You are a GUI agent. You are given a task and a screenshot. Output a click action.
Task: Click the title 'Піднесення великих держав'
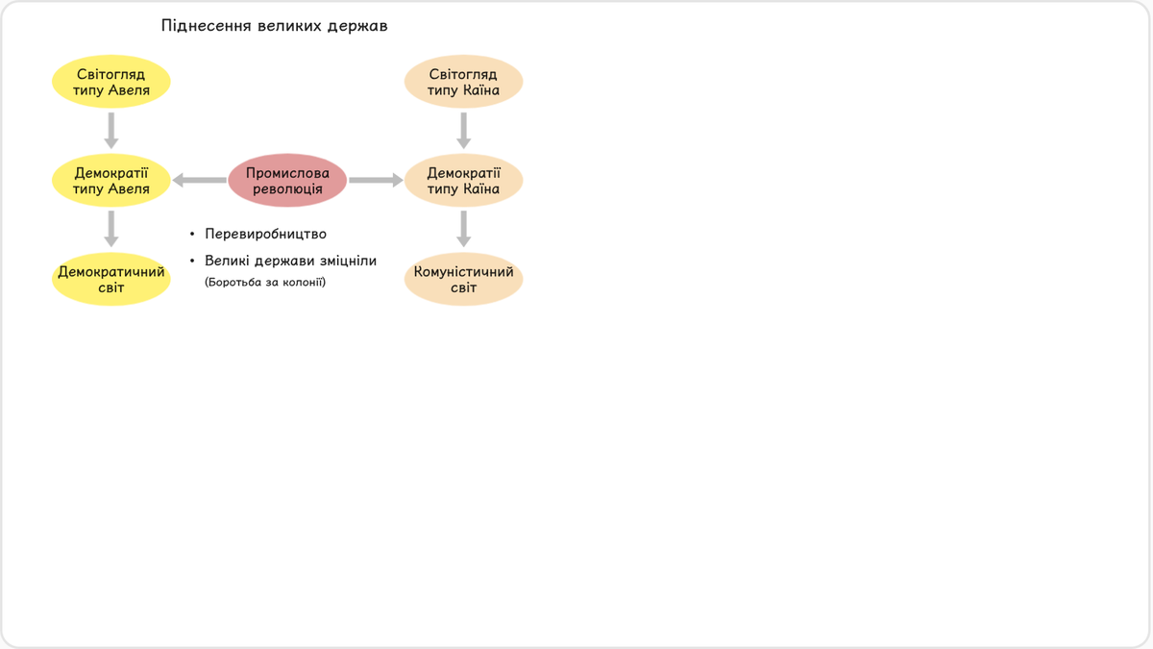click(274, 26)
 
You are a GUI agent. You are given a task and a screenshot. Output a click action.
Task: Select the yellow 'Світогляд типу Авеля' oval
click(111, 82)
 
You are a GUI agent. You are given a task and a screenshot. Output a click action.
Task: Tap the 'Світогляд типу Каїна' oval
click(463, 82)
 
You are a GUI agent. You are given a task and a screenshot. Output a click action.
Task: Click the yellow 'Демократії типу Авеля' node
click(111, 181)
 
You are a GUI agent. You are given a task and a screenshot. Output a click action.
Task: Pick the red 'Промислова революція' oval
click(287, 181)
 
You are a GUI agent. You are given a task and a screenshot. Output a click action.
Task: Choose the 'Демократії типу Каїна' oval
click(463, 181)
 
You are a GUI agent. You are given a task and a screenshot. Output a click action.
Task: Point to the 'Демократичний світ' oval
click(111, 279)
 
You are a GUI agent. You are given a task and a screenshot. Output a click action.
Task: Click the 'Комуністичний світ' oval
click(463, 279)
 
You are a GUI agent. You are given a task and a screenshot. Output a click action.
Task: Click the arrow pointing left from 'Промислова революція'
click(199, 181)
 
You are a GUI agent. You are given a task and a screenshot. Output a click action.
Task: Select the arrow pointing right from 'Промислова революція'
click(376, 181)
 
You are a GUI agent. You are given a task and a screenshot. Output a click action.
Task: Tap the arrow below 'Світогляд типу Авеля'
click(111, 131)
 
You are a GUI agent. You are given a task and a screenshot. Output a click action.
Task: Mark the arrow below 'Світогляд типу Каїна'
click(463, 131)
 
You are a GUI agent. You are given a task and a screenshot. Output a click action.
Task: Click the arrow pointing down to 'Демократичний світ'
click(111, 229)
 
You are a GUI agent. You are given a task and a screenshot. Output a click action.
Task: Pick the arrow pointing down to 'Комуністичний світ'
click(463, 229)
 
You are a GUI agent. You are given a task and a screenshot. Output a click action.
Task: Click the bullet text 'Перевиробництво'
click(265, 234)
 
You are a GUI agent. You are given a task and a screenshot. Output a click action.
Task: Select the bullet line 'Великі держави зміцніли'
click(291, 262)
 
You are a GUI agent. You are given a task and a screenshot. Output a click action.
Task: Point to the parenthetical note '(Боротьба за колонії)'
click(265, 283)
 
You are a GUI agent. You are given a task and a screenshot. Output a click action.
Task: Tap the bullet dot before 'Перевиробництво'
click(192, 235)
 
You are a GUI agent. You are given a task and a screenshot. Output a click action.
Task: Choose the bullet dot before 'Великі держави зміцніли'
click(192, 262)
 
